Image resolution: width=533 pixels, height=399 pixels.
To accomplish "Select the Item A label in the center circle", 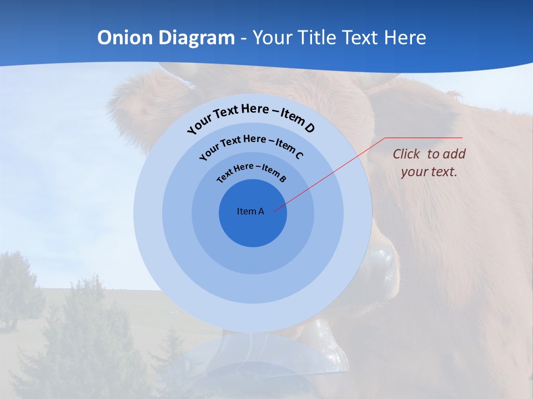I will point(250,211).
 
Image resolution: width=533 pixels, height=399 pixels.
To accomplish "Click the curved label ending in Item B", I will point(252,172).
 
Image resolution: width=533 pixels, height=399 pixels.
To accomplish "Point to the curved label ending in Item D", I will point(251,117).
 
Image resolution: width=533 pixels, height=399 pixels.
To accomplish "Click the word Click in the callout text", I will point(407,154).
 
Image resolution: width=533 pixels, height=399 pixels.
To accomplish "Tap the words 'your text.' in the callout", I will point(429,172).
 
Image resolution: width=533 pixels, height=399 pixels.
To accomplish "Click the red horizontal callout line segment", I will point(424,138).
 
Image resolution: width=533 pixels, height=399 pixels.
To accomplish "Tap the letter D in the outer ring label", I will point(309,128).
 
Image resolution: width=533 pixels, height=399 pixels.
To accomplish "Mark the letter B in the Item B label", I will point(283,178).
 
